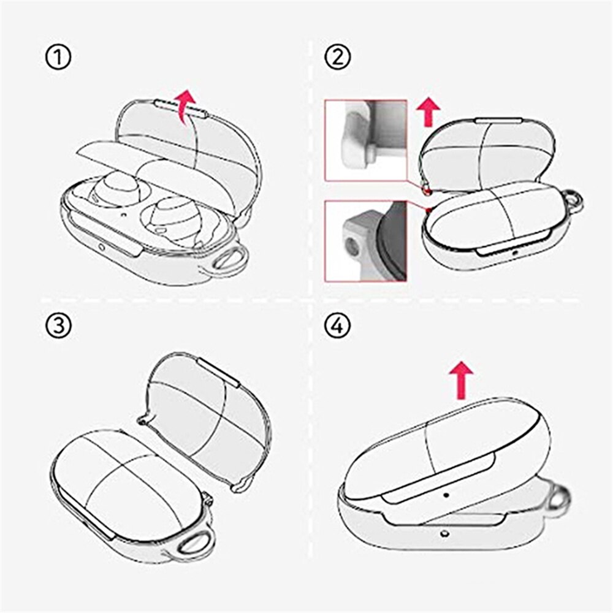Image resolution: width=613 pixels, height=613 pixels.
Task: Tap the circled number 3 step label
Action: tap(58, 326)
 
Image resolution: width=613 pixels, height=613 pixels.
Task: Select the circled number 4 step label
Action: tap(338, 326)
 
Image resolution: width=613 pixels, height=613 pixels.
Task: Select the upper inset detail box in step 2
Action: tap(365, 140)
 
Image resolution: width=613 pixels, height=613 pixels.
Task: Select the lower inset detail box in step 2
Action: tap(365, 240)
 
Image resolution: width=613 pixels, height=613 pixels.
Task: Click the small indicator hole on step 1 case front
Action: tap(101, 248)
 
